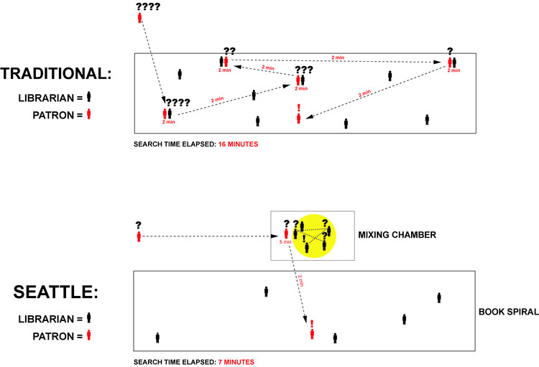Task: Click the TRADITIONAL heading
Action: click(57, 74)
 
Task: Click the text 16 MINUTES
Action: click(238, 144)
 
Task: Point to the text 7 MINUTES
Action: click(236, 361)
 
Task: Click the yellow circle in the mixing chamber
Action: click(317, 235)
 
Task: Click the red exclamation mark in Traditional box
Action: click(299, 108)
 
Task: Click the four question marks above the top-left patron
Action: click(147, 6)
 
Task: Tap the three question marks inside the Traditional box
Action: click(304, 70)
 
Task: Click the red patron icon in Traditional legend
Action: click(88, 113)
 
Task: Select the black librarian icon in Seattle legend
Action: click(88, 317)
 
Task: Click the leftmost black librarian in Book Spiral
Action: click(157, 338)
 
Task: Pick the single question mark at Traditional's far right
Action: click(450, 51)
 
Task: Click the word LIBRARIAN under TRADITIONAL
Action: click(53, 97)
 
